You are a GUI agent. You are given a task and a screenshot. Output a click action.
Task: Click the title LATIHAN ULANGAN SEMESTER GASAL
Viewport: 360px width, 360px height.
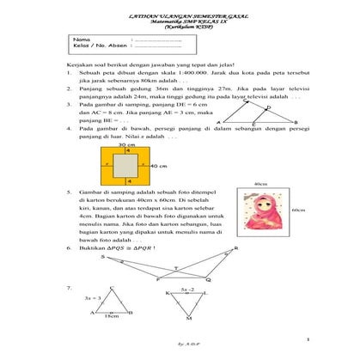179,15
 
